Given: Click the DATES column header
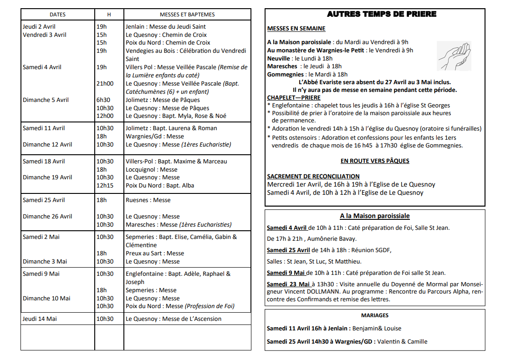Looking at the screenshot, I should [57, 15].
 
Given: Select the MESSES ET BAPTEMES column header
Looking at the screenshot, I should [187, 15].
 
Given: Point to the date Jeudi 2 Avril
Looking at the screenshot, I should [39, 27].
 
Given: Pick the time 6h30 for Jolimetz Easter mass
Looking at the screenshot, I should [103, 100].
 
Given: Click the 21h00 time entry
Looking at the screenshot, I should [105, 84].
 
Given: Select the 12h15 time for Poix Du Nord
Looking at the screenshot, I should [104, 186].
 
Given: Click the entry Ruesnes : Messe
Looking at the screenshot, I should [148, 200].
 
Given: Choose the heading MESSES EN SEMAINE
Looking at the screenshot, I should [296, 29].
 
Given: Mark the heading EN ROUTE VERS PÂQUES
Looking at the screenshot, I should [375, 161].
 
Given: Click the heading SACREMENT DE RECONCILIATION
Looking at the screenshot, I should [313, 176].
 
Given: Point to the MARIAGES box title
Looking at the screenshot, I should [375, 315].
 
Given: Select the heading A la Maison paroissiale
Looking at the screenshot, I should [375, 216].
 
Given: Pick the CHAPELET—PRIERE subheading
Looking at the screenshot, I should [294, 97].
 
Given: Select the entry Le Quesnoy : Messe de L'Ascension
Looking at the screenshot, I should [174, 319].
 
